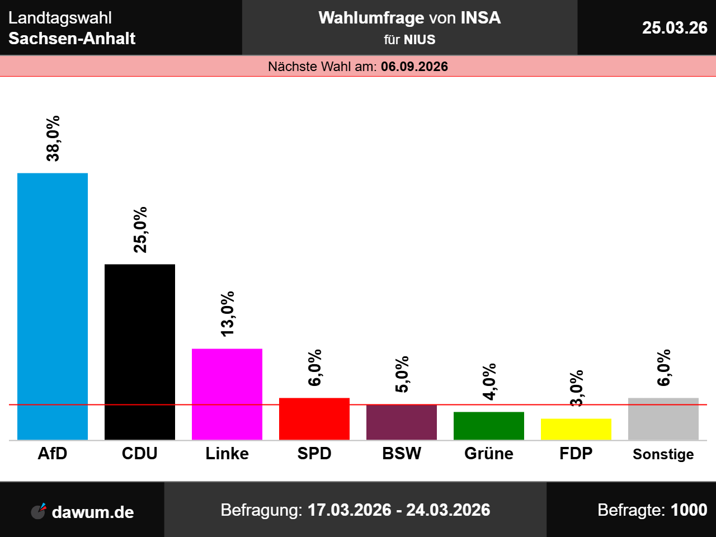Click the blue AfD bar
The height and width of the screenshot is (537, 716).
(53, 306)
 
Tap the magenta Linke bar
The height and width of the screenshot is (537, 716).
(227, 394)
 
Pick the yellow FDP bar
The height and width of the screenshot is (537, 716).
(576, 429)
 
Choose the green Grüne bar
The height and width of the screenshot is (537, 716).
(489, 426)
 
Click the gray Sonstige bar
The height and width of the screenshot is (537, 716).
(663, 418)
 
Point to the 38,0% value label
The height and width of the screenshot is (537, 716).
(53, 139)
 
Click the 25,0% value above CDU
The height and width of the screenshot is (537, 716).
(140, 230)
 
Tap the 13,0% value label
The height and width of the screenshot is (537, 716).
(228, 314)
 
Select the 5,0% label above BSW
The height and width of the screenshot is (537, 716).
(402, 374)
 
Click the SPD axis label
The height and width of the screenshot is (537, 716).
(314, 453)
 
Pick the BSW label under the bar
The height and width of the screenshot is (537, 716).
(402, 453)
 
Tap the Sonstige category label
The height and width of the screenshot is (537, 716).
(663, 454)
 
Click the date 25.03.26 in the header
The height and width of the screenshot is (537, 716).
(675, 27)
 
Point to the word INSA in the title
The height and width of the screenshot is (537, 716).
(481, 18)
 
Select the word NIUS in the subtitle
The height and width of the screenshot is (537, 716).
(420, 40)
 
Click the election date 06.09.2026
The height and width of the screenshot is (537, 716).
(414, 67)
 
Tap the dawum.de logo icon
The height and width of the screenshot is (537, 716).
(38, 511)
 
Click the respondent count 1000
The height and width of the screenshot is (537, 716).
(689, 510)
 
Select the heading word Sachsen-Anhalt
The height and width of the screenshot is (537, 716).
(72, 39)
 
